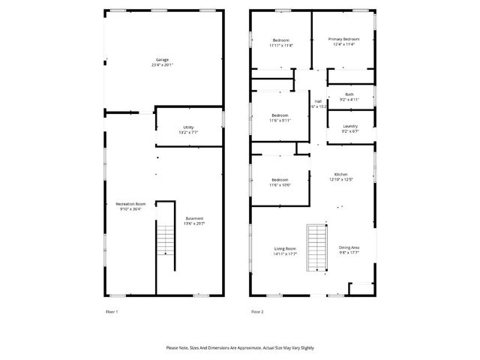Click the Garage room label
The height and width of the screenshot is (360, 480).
pos(162,59)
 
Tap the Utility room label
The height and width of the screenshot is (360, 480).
pos(188,127)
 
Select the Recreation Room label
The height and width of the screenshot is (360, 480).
pos(130,204)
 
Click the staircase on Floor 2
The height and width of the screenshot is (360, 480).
pos(318,247)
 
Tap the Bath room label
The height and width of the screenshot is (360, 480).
pos(349,94)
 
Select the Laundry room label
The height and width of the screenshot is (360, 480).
pos(349,126)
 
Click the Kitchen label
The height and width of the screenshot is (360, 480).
pos(340,174)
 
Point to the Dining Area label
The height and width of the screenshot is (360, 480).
pos(349,247)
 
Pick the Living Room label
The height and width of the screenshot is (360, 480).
pos(284,248)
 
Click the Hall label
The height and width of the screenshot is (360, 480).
pos(318,101)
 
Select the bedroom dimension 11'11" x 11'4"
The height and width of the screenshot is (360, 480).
pos(281,45)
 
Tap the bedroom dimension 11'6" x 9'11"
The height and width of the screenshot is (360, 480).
pos(280,120)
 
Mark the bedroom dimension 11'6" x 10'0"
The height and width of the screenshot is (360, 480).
pos(280,185)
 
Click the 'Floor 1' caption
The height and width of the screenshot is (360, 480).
pos(111,311)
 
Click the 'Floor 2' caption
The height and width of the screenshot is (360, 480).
pos(257,311)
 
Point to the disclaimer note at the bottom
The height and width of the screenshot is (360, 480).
pos(240,348)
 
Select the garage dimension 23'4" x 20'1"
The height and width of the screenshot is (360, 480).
pos(162,65)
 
